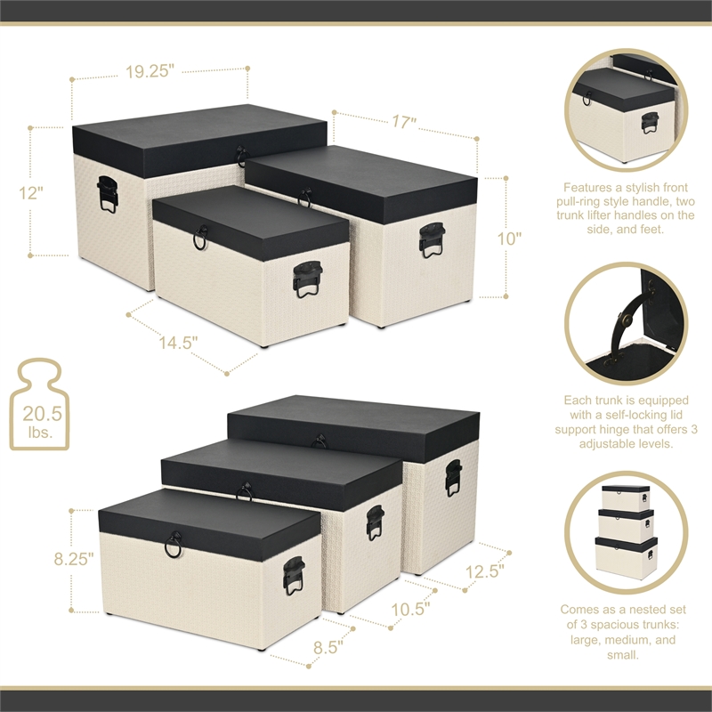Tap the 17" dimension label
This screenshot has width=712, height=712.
pos(402,124)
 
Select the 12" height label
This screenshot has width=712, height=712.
pos(28,192)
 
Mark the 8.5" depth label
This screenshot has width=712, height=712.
pos(328,648)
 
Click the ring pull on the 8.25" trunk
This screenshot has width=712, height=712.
pos(174,545)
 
